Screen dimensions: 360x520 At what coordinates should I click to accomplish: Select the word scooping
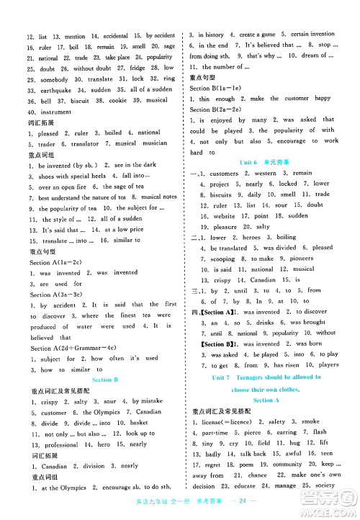point(222,258)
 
